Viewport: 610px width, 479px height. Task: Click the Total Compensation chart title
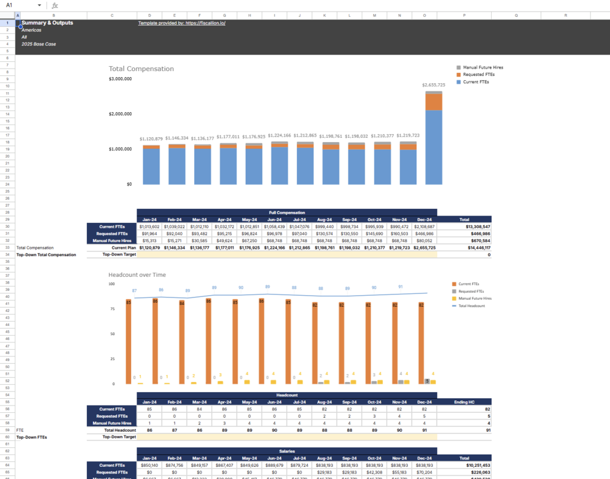pyautogui.click(x=141, y=69)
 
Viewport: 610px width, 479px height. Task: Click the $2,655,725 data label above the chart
pyautogui.click(x=433, y=85)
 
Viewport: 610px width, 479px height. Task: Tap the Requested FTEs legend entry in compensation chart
pyautogui.click(x=478, y=75)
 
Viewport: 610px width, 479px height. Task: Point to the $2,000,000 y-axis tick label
pyautogui.click(x=120, y=114)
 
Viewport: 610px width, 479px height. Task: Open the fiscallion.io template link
pyautogui.click(x=181, y=23)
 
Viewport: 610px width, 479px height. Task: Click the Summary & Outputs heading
pyautogui.click(x=47, y=23)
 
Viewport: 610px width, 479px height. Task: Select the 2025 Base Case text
pyautogui.click(x=38, y=44)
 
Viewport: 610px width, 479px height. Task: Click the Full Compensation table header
pyautogui.click(x=286, y=212)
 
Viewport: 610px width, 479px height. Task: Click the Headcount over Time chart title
pyautogui.click(x=137, y=275)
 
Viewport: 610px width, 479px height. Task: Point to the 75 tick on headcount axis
pyautogui.click(x=112, y=309)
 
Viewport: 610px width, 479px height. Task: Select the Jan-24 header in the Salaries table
pyautogui.click(x=149, y=458)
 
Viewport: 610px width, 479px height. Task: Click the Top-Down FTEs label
pyautogui.click(x=32, y=437)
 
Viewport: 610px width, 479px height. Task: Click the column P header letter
pyautogui.click(x=464, y=16)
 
